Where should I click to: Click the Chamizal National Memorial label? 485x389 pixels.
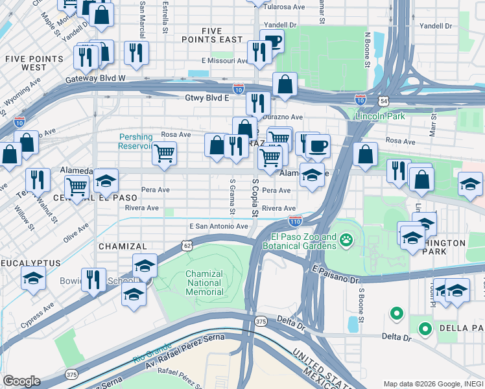pos(204,283)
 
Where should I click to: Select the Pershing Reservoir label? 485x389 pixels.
pos(136,141)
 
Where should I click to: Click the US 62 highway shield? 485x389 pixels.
pos(187,246)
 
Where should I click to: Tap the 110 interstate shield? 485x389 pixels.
pos(295,221)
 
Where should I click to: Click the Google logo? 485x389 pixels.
pos(21,381)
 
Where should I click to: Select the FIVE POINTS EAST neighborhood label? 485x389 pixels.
pos(222,35)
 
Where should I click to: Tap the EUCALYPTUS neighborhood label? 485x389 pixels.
pos(30,263)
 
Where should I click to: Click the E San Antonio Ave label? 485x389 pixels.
pos(219,226)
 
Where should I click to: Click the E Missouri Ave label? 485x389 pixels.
pos(224,61)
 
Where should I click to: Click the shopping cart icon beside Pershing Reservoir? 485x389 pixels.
pos(164,154)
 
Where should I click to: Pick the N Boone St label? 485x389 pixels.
pos(367,51)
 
